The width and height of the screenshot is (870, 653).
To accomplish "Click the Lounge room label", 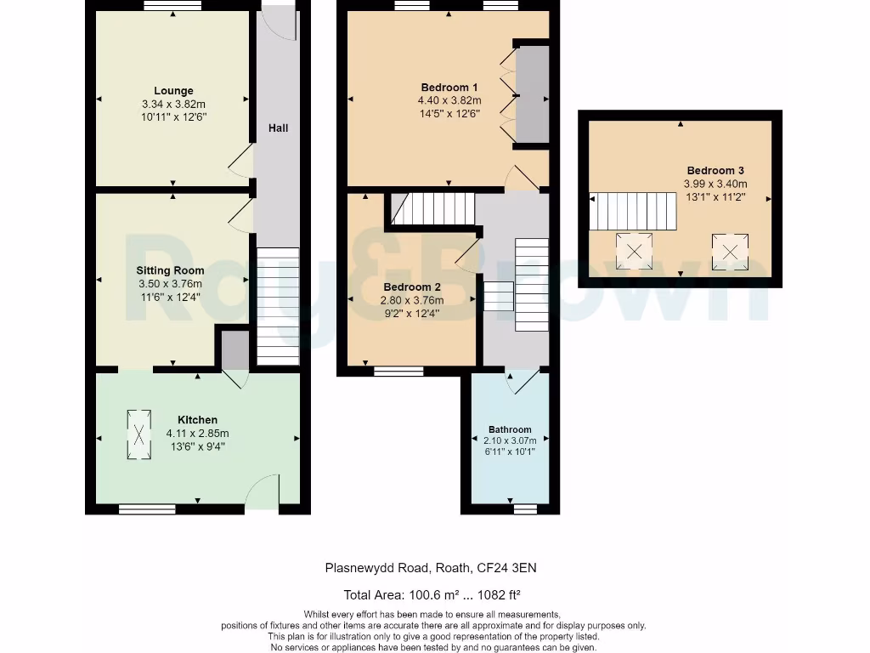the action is (x=173, y=90).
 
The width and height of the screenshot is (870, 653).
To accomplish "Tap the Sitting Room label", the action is (x=170, y=270).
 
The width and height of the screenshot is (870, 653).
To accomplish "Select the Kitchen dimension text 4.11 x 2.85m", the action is (x=197, y=433).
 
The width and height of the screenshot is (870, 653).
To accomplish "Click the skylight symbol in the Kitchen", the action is (x=138, y=434).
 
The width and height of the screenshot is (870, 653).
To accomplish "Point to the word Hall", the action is (x=278, y=128).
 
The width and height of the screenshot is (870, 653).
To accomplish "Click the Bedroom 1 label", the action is (x=449, y=88).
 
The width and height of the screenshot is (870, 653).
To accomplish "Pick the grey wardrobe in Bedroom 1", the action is (x=533, y=95).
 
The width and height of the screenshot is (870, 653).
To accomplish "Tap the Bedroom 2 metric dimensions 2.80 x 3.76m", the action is (x=412, y=300).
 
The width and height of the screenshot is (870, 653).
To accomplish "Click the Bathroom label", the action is (x=510, y=429).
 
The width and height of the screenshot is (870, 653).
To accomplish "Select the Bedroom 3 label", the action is (x=715, y=170).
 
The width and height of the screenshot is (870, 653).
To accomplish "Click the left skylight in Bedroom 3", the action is (x=634, y=252).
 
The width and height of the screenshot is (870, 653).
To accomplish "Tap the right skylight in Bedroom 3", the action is (x=730, y=252).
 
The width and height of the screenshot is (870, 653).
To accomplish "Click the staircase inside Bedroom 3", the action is (x=633, y=211).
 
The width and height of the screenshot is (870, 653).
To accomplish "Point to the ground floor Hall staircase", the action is (x=278, y=306).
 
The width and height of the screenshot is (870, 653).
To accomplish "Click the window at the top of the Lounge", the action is (x=173, y=6).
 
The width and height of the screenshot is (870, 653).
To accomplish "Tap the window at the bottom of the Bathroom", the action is (x=525, y=508).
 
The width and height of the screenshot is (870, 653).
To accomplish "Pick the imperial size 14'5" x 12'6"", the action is (x=449, y=114).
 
